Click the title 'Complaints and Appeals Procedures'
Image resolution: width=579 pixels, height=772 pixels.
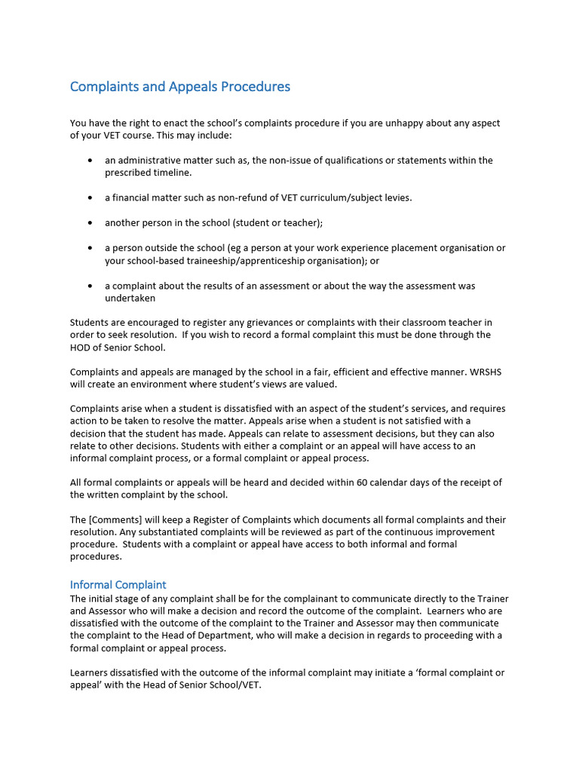tap(179, 87)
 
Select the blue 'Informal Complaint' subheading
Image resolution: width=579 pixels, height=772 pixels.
tap(118, 584)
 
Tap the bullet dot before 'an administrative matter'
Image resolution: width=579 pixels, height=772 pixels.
tap(90, 161)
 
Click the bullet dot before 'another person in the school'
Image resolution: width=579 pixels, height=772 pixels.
tap(90, 223)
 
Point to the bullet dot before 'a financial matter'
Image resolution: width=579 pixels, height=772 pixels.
tap(90, 198)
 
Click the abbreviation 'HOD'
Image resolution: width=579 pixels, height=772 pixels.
tap(82, 348)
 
